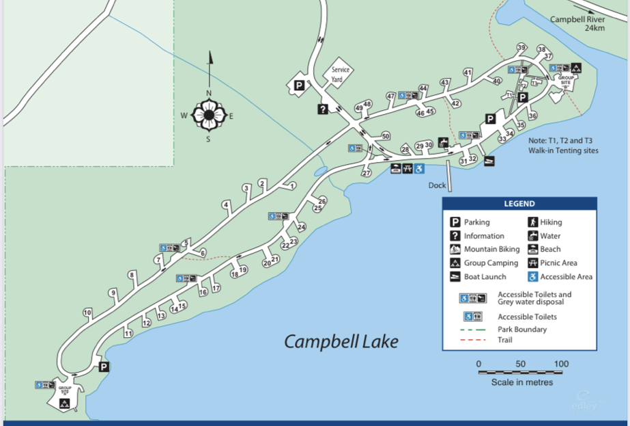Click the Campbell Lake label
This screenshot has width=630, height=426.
tap(341, 341)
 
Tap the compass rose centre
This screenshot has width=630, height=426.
tap(208, 115)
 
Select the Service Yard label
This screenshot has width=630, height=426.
tap(340, 74)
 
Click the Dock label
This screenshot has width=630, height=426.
tap(437, 185)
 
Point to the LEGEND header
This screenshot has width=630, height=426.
tap(519, 204)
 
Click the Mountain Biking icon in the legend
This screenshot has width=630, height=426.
tap(455, 250)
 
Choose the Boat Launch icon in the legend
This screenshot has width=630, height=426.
tap(455, 277)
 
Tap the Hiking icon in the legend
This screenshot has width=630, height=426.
tap(532, 222)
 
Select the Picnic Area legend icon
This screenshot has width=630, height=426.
tap(532, 263)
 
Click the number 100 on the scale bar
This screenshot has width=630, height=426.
tap(561, 363)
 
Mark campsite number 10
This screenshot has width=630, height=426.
tap(87, 312)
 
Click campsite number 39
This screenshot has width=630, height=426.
tap(521, 47)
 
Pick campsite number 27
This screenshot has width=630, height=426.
tap(367, 173)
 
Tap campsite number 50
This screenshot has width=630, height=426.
tap(386, 136)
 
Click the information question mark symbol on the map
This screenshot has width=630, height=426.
tap(322, 109)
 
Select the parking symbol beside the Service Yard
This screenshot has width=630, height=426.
tap(299, 85)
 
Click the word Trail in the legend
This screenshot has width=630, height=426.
tap(506, 340)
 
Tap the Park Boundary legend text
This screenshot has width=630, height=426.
tap(522, 330)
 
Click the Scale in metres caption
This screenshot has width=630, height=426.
tap(522, 382)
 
